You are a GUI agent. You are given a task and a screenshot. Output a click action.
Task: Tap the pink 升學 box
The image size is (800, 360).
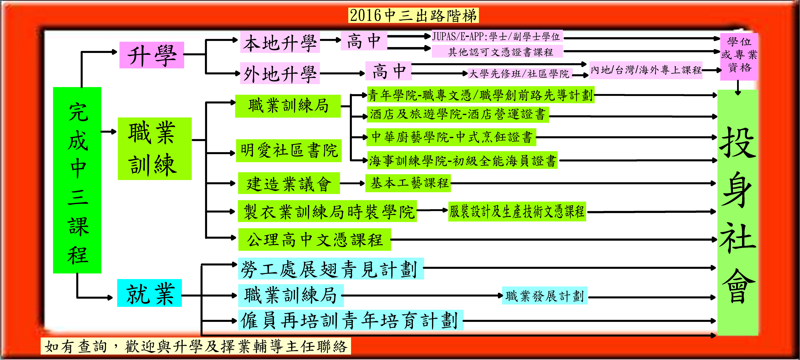152,55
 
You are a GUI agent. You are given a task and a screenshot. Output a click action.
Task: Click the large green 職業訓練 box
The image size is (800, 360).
155,149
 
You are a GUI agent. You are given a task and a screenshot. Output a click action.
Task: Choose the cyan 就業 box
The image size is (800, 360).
149,293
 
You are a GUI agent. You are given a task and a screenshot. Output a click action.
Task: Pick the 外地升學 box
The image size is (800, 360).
280,73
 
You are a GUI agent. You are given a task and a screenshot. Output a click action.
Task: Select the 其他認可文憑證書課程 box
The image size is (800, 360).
497,52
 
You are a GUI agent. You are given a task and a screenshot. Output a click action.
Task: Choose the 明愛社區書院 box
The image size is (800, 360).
289,151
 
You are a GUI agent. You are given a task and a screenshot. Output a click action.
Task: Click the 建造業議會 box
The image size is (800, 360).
289,183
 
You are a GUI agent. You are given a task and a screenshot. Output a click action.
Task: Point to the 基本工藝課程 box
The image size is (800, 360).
408,183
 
